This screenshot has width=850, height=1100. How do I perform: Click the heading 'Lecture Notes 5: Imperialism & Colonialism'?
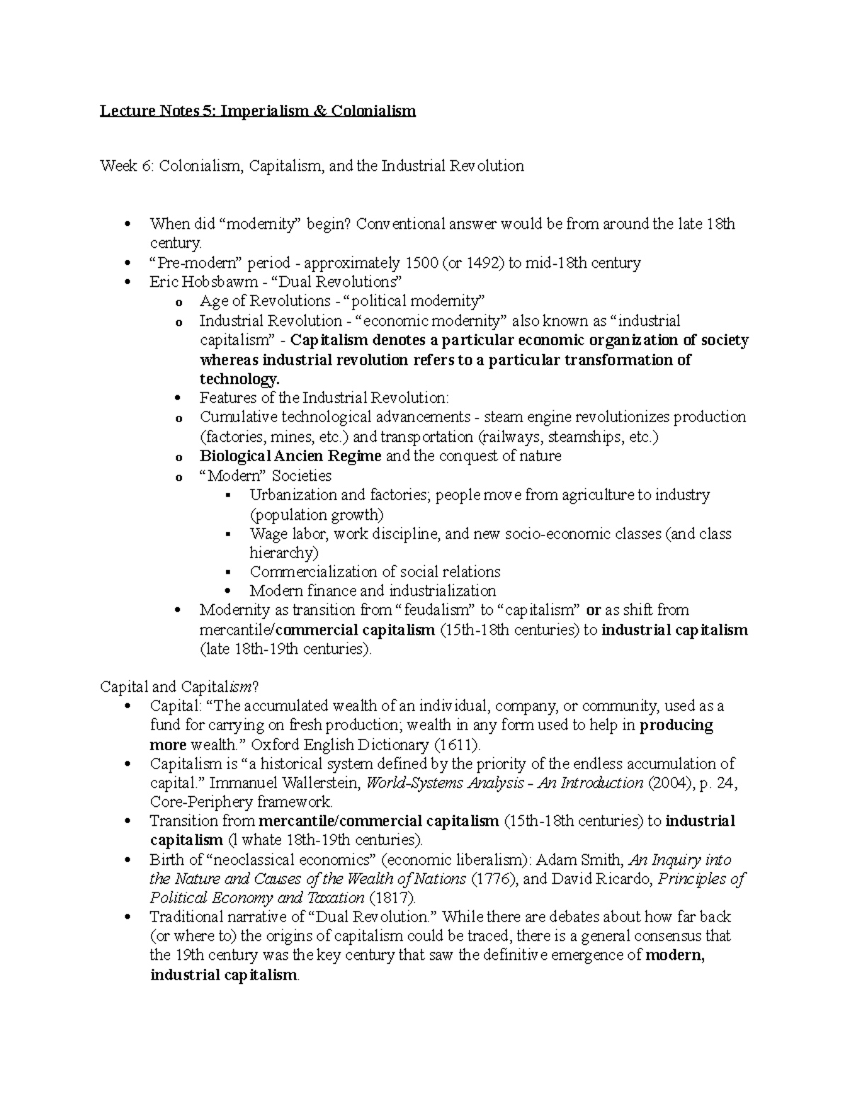pyautogui.click(x=258, y=111)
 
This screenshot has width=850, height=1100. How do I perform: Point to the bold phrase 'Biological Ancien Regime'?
pyautogui.click(x=290, y=456)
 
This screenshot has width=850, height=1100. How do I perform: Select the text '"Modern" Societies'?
pyautogui.click(x=266, y=476)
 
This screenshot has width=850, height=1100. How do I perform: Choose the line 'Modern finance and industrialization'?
pyautogui.click(x=373, y=591)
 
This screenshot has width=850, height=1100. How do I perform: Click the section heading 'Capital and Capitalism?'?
pyautogui.click(x=180, y=687)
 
